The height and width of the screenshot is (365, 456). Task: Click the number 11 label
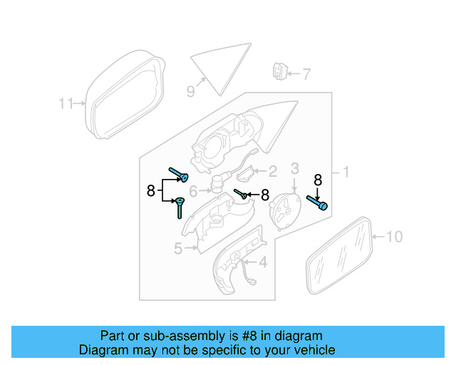tap(66, 104)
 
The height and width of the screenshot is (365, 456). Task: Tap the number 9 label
tap(190, 91)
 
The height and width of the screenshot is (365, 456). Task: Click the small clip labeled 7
tap(279, 71)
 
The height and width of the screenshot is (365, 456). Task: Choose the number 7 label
tap(306, 74)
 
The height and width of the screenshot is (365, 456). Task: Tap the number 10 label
tap(394, 237)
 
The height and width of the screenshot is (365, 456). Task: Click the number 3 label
tap(294, 169)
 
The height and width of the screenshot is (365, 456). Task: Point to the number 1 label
tap(346, 172)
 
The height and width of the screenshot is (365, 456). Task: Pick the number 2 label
tap(271, 171)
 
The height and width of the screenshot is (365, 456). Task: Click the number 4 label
tap(263, 263)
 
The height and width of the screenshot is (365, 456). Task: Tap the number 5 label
tap(178, 248)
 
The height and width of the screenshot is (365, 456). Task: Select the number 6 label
tap(193, 192)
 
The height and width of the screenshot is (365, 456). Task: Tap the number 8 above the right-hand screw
tap(318, 180)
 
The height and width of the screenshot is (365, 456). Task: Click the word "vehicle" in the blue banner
tap(311, 350)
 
